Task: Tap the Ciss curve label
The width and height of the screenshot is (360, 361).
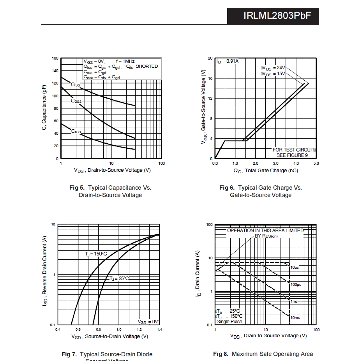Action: point(75,85)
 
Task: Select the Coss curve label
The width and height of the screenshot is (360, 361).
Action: point(76,101)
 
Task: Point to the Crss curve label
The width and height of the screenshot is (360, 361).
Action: point(76,131)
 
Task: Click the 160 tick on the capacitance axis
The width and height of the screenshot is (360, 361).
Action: point(55,58)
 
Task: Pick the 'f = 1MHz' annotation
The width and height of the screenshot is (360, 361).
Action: point(125,61)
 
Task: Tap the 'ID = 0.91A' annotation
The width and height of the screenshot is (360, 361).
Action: point(228,61)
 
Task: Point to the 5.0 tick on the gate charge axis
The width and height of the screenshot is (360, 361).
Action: point(316,164)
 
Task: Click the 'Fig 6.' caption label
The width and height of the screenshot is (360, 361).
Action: point(227,188)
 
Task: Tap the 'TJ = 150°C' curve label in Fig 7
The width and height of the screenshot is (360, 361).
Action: point(96,254)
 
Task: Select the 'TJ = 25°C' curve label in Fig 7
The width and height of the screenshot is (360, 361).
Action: point(119,278)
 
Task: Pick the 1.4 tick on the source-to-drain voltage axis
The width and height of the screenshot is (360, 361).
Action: point(160,330)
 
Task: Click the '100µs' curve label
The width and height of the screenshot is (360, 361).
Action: point(296,285)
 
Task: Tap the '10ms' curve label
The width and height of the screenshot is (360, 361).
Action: point(295,318)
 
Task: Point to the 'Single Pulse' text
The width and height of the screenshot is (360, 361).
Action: point(229,321)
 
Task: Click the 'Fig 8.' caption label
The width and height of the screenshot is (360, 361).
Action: point(221,354)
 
